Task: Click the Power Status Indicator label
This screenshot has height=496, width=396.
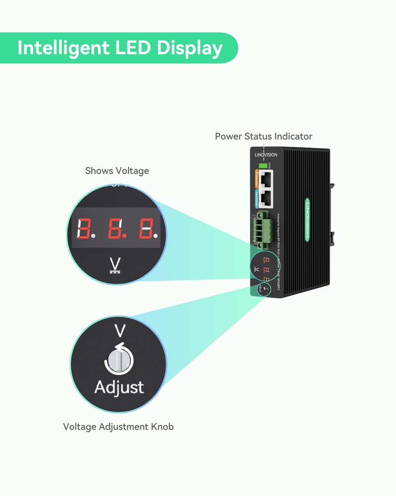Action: (263, 136)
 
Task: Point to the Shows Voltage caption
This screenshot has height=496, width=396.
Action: (117, 171)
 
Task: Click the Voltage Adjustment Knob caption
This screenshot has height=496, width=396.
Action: (118, 427)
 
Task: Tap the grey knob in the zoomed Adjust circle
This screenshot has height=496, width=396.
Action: (117, 360)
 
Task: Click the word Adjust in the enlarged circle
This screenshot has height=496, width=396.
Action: (119, 387)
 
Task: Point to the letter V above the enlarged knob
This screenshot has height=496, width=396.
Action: (119, 331)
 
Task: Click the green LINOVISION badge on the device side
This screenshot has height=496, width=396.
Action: (308, 220)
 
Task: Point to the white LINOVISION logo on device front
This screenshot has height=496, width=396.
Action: (266, 155)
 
